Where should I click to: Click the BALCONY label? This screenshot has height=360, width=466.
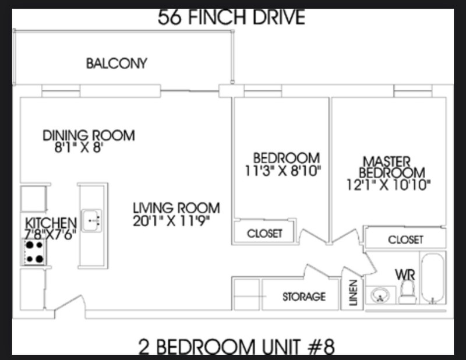coord(116,63)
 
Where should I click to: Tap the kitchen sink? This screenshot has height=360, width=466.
coord(91,221)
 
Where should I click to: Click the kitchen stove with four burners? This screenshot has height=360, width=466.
coord(34,252)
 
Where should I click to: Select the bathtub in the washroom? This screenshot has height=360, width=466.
coord(433,278)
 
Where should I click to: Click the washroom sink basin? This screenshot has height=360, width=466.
coord(380,295)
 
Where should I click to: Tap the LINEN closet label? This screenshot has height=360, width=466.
coord(353,292)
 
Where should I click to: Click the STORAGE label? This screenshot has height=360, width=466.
coord(303,297)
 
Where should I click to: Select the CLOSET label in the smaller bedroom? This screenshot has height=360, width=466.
coord(264,234)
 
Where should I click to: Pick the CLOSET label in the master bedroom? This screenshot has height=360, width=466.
coord(405,239)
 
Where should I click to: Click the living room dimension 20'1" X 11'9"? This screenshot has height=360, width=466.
coord(171,221)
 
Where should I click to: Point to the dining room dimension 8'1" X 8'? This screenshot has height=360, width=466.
coord(79,147)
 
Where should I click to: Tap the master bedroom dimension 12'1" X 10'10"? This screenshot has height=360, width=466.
coord(389,185)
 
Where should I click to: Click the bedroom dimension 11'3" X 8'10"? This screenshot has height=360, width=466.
coord(283,171)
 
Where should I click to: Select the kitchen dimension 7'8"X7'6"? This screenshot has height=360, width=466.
coord(50,234)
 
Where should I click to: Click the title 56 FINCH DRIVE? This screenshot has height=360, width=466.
coord(231,17)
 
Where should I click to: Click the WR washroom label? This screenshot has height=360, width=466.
coord(405,275)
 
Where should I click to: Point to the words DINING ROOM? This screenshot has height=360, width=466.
coord(89,135)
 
